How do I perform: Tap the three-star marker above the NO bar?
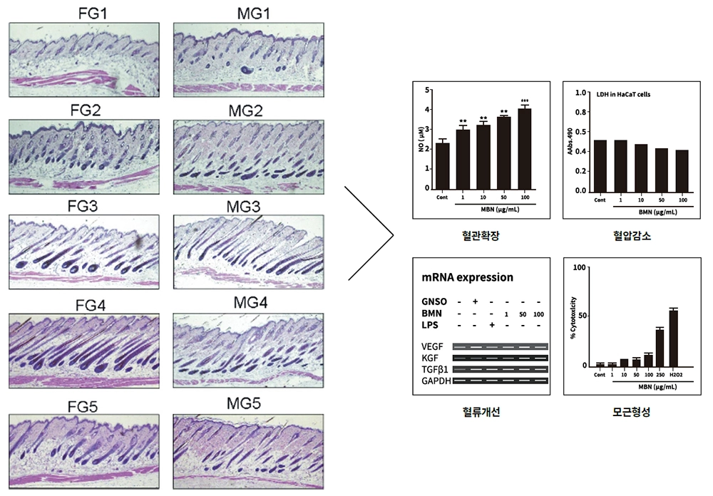[525, 100]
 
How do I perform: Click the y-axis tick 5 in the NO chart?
[426, 91]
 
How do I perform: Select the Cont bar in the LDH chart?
[600, 165]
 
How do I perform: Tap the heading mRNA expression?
[468, 277]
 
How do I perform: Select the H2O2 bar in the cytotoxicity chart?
[673, 338]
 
